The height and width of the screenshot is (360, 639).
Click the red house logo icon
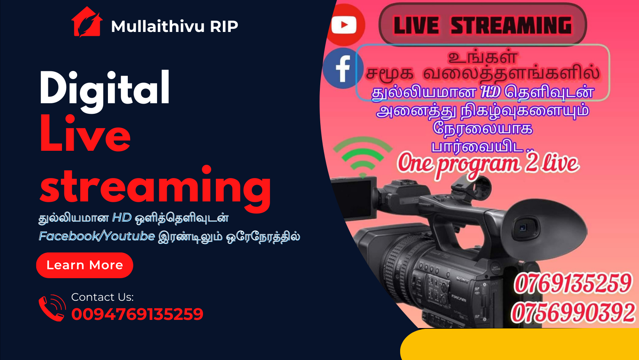pyautogui.click(x=87, y=22)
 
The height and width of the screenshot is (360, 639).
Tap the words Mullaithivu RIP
pyautogui.click(x=174, y=26)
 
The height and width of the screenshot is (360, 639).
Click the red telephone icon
pyautogui.click(x=52, y=308)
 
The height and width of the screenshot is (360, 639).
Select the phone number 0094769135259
pyautogui.click(x=137, y=314)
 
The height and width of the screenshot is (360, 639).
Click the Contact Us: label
pyautogui.click(x=102, y=297)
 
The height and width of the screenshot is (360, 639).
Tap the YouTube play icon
pyautogui.click(x=344, y=25)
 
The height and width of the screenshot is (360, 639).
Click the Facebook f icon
pyautogui.click(x=343, y=69)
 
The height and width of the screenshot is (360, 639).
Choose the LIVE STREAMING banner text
pyautogui.click(x=482, y=25)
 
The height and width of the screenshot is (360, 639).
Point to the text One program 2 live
pyautogui.click(x=488, y=165)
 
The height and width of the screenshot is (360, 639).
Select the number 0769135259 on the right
pyautogui.click(x=572, y=283)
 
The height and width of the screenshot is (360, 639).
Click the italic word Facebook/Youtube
pyautogui.click(x=97, y=236)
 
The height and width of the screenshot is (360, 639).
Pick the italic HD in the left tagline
pyautogui.click(x=122, y=218)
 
